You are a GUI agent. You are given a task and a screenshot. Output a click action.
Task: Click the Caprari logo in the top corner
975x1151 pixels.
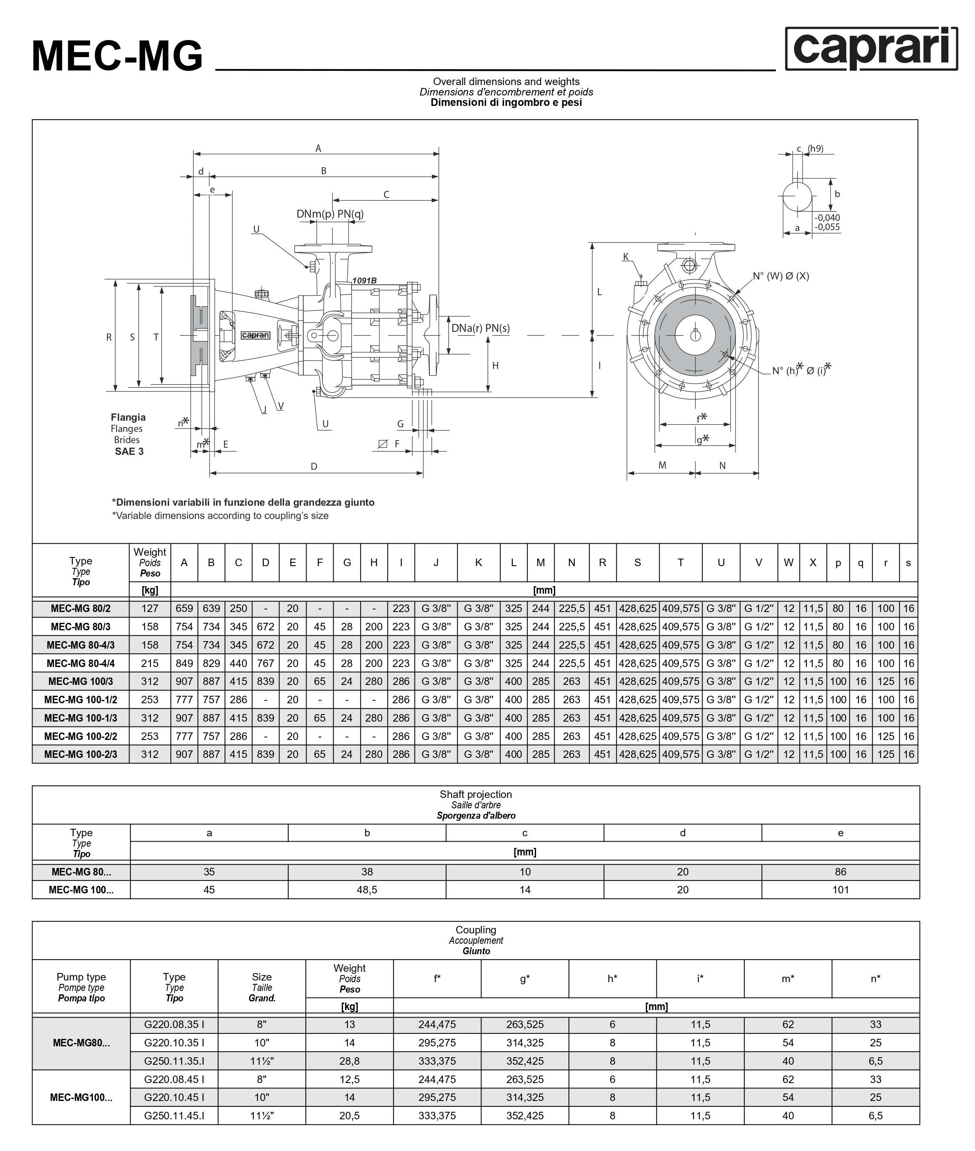click(x=871, y=49)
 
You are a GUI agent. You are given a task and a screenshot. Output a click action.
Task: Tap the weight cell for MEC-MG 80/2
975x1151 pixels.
click(x=150, y=608)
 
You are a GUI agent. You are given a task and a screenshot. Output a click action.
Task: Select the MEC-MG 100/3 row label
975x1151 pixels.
click(x=81, y=682)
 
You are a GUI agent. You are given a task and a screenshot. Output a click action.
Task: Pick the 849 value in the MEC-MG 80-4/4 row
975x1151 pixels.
click(x=184, y=663)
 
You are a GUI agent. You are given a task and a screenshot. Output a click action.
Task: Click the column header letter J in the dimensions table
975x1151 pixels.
click(x=436, y=562)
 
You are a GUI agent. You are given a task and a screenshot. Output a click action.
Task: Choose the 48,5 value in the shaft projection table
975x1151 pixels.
click(x=367, y=890)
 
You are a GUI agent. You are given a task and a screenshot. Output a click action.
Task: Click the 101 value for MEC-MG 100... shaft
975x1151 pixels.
click(x=840, y=890)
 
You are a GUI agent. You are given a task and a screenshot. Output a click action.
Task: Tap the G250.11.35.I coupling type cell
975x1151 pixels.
click(x=174, y=1061)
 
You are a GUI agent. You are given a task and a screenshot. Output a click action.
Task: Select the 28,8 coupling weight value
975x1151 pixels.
click(x=349, y=1061)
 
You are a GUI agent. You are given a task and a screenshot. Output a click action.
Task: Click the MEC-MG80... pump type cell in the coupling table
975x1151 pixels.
click(x=81, y=1043)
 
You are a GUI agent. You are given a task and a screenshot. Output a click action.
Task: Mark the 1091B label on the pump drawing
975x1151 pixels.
click(x=364, y=281)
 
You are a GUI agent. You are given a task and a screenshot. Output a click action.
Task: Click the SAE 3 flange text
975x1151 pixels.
click(x=130, y=451)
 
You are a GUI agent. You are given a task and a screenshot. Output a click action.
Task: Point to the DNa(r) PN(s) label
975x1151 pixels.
click(x=480, y=328)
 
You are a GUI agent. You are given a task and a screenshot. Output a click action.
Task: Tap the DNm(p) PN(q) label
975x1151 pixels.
click(x=330, y=214)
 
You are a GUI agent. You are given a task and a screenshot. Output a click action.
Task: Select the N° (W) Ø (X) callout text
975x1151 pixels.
click(x=780, y=276)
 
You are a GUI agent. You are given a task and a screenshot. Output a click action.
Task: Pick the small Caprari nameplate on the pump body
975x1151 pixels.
click(x=256, y=335)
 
